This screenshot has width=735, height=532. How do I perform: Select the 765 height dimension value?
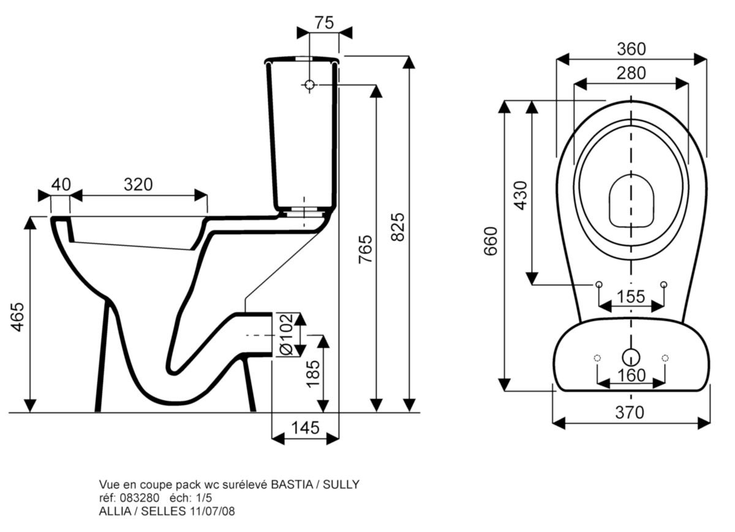point(364,249)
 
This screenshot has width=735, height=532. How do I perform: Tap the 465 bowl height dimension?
point(19,316)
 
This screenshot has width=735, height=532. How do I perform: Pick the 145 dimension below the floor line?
point(306,427)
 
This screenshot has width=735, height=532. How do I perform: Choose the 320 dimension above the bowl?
point(138,184)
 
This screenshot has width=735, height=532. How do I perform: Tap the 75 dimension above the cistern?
point(324,23)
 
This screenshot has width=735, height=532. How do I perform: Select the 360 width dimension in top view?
point(631,48)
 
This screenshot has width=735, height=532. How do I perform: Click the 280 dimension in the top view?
point(631,73)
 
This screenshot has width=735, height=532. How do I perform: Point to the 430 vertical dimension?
point(521,195)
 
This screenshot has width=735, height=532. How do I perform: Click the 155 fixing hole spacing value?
point(631,296)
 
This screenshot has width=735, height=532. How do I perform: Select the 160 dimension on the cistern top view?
point(631,375)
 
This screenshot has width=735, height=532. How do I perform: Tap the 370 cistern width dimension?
point(631,413)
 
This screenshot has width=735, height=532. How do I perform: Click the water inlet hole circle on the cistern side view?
point(310,84)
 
